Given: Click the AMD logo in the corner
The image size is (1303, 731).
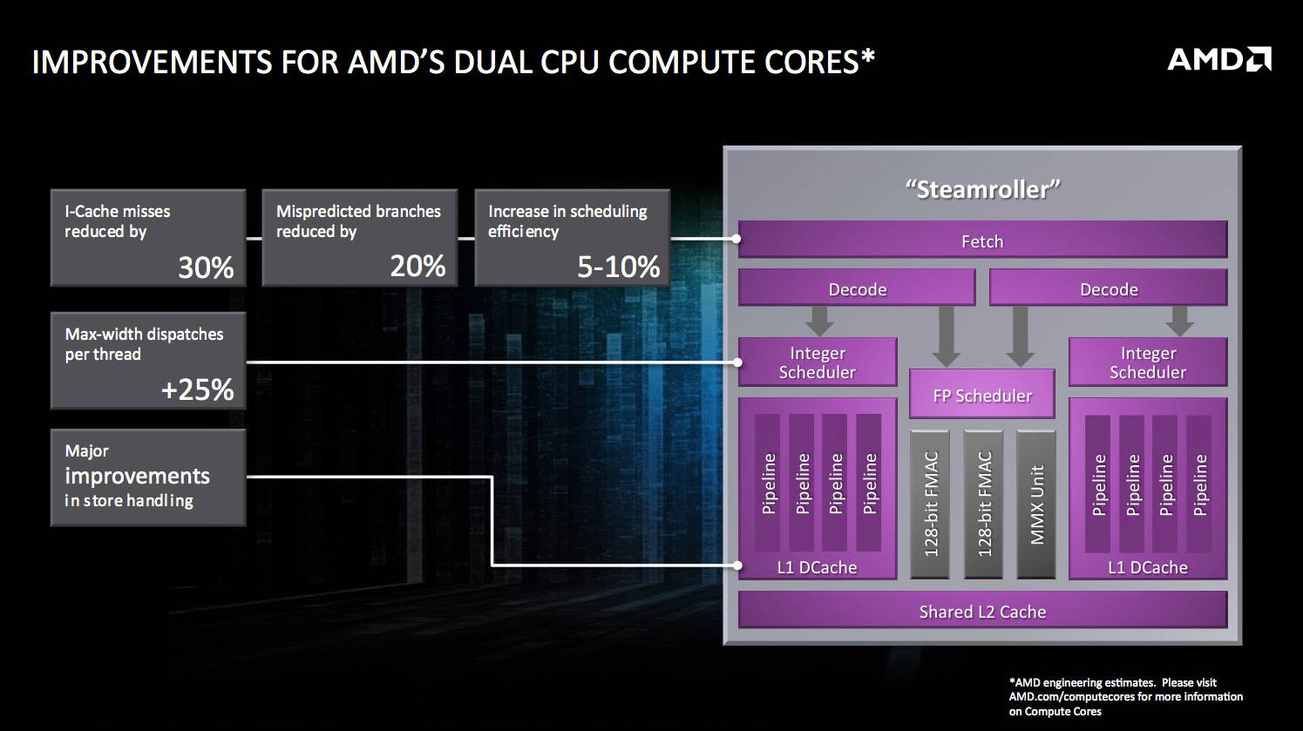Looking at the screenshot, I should [x=1218, y=59].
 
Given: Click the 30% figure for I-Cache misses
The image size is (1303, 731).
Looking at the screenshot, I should [x=206, y=267].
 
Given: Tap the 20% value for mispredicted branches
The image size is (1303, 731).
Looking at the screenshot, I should [x=417, y=265].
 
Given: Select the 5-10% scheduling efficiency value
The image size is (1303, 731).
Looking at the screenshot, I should [x=618, y=267].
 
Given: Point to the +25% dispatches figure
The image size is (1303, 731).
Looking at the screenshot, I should [x=197, y=389].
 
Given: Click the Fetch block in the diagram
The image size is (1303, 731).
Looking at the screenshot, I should [x=982, y=241].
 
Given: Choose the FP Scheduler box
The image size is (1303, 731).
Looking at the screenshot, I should [x=982, y=396].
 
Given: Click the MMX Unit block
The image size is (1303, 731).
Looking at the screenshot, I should [x=1036, y=504].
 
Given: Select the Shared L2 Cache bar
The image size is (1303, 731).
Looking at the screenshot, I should [x=982, y=612].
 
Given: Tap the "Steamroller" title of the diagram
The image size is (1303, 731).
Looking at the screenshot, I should [x=982, y=189].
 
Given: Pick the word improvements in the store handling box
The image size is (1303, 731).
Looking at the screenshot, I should [x=137, y=476].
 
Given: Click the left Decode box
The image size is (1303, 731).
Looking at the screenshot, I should [x=857, y=289].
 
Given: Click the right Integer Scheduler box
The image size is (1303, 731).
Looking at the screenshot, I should [x=1148, y=362].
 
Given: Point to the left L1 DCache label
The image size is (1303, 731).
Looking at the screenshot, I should [x=817, y=567].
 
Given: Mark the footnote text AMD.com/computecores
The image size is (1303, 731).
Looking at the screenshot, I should [x=1064, y=697].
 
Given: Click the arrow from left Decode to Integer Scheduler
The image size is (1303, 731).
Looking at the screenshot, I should [x=819, y=321].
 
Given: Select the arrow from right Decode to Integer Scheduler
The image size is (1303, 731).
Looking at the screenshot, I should [x=1180, y=321].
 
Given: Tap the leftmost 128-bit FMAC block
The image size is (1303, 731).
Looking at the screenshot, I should [x=931, y=504].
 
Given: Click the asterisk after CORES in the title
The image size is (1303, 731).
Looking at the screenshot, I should [x=867, y=56].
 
